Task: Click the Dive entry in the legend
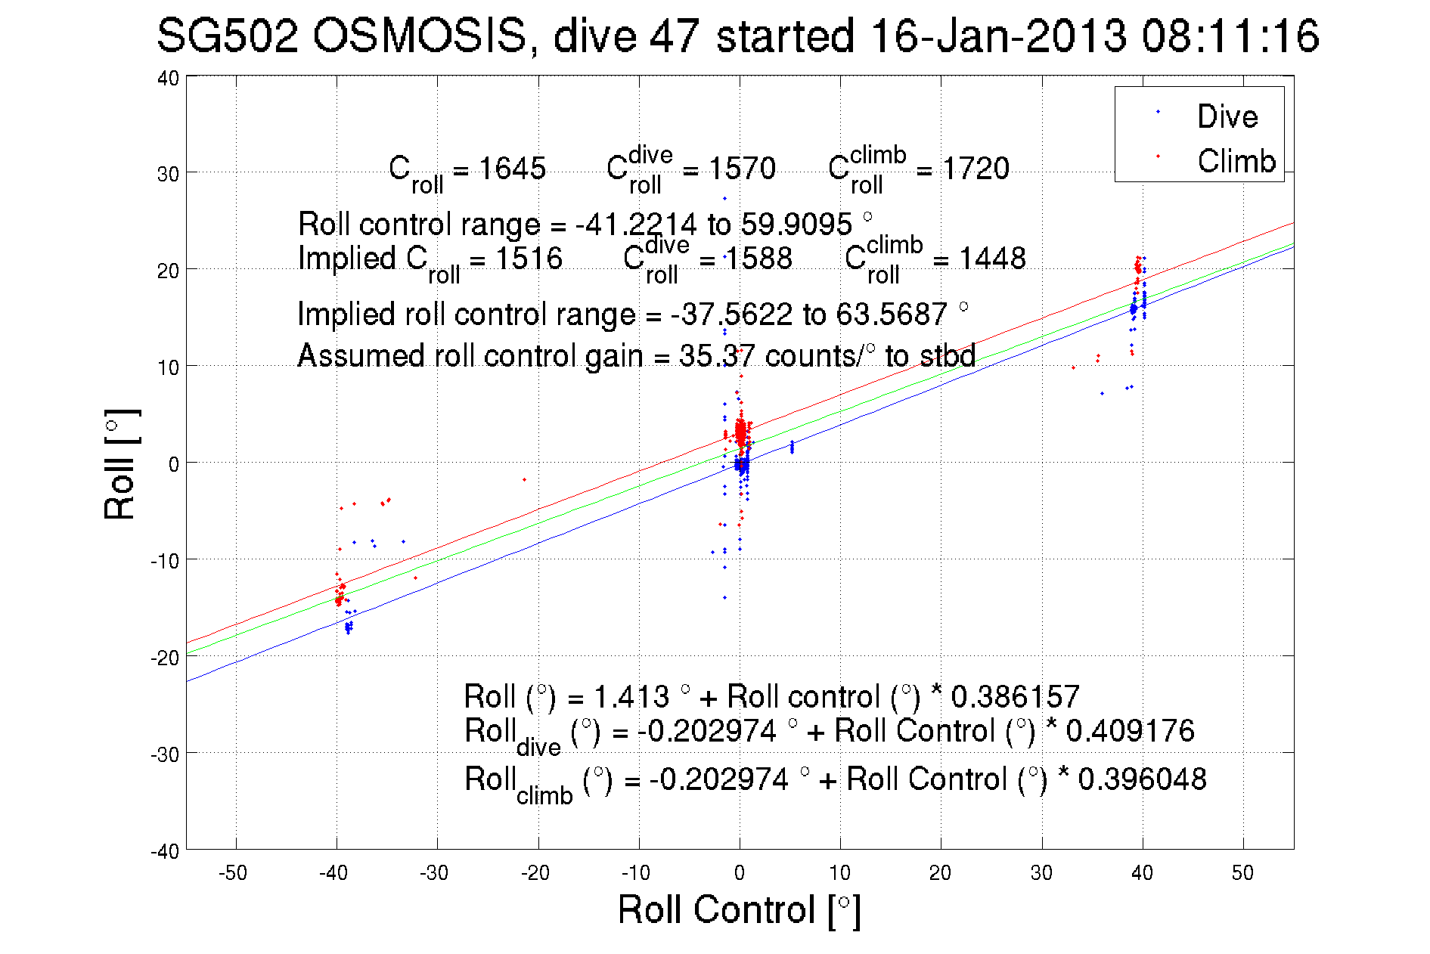coord(1227,116)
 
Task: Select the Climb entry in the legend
coord(1236,161)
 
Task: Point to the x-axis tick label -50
coord(233,873)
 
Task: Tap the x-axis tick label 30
coord(1041,873)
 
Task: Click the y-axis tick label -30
coord(165,754)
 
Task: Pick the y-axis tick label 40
coord(168,78)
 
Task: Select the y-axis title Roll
coord(119,464)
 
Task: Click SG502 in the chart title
coord(227,36)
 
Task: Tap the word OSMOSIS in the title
coord(420,36)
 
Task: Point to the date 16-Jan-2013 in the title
coord(998,36)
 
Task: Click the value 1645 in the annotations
coord(512,169)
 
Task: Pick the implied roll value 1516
coord(529,259)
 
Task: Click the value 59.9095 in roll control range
coord(796,225)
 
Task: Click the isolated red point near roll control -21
coord(524,479)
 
